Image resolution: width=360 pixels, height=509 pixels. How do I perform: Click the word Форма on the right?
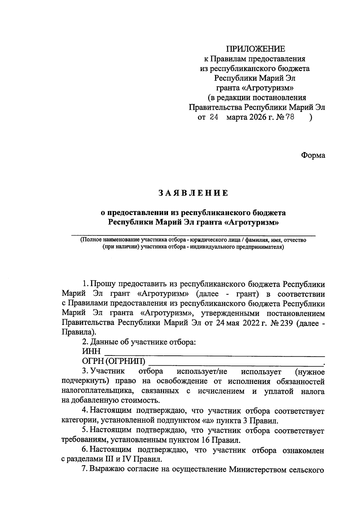click(x=313, y=155)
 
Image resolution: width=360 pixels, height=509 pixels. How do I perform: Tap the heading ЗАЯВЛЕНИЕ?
click(x=193, y=193)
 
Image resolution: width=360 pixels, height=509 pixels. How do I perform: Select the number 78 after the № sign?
click(x=290, y=117)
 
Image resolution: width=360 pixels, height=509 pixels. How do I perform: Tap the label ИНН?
click(x=91, y=351)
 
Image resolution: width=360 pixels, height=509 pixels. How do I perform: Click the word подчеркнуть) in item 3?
click(x=83, y=381)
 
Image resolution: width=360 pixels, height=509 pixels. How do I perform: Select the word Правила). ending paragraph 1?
click(x=79, y=333)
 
